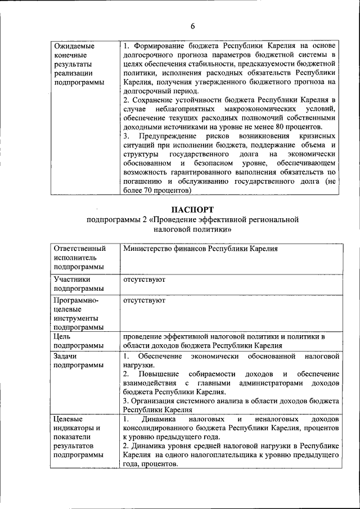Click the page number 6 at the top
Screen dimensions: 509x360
click(192, 26)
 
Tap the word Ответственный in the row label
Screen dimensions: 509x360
click(79, 248)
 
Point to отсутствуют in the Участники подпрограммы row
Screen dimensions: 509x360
click(143, 279)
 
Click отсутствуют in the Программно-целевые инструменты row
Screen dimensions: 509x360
click(143, 301)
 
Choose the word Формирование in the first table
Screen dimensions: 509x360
click(160, 46)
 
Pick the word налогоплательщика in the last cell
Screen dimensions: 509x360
click(221, 455)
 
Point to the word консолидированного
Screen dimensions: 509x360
click(161, 428)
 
